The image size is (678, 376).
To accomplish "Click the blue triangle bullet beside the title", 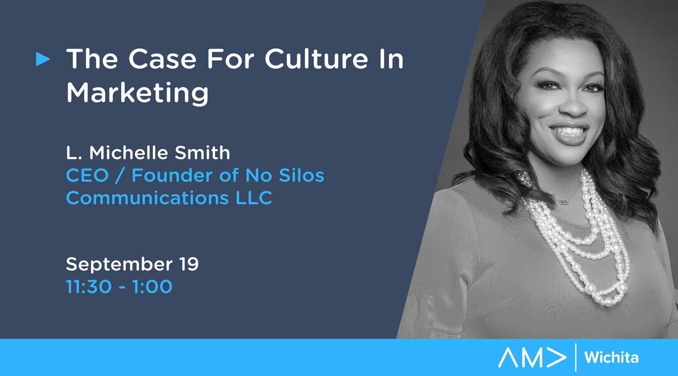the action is [x=43, y=59].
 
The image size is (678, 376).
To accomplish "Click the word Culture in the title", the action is [x=316, y=59].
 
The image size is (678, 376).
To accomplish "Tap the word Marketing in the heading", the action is [x=137, y=93].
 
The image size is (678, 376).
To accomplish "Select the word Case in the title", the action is [x=163, y=59].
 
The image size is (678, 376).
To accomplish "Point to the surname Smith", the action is [x=202, y=153].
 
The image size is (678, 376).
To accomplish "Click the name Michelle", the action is [x=129, y=153].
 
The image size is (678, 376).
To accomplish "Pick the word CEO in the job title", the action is [x=87, y=176].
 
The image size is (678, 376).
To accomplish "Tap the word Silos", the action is [x=301, y=176].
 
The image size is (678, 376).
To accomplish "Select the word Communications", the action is [x=147, y=198].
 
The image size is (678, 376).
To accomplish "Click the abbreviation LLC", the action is [x=254, y=198].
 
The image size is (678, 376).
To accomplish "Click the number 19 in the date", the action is [x=189, y=264].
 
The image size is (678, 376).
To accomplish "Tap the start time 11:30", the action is [x=89, y=287].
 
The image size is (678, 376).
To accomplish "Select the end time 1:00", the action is [x=152, y=287].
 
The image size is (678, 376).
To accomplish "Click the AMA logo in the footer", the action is [x=532, y=358].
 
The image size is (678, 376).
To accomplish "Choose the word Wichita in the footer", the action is [x=611, y=358].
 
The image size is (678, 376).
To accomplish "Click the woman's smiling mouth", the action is [x=569, y=132].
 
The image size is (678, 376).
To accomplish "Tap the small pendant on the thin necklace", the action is [x=564, y=201].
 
